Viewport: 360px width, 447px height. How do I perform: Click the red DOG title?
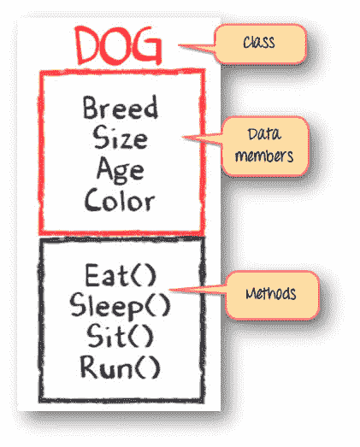[x=118, y=45]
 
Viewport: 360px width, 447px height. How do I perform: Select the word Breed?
[x=120, y=107]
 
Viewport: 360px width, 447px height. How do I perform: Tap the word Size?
[x=120, y=138]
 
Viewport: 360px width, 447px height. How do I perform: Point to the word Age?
[x=120, y=170]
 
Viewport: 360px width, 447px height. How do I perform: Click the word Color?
[x=120, y=199]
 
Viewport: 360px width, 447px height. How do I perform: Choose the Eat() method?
[x=121, y=275]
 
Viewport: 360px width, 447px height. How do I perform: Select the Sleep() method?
[x=120, y=307]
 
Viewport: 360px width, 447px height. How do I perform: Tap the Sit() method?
[x=120, y=337]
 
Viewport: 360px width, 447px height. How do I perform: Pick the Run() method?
[x=120, y=367]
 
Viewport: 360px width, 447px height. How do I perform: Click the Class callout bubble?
[x=260, y=44]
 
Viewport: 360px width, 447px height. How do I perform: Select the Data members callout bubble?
[x=265, y=146]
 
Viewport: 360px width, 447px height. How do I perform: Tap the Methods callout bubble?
[x=272, y=295]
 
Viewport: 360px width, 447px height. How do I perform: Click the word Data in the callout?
[x=264, y=134]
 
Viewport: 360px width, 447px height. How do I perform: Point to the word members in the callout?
[x=264, y=156]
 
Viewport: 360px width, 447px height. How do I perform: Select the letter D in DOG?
[x=86, y=45]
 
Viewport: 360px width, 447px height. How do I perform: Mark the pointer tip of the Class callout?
[x=179, y=45]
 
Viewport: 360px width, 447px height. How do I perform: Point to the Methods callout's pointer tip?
[x=169, y=291]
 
